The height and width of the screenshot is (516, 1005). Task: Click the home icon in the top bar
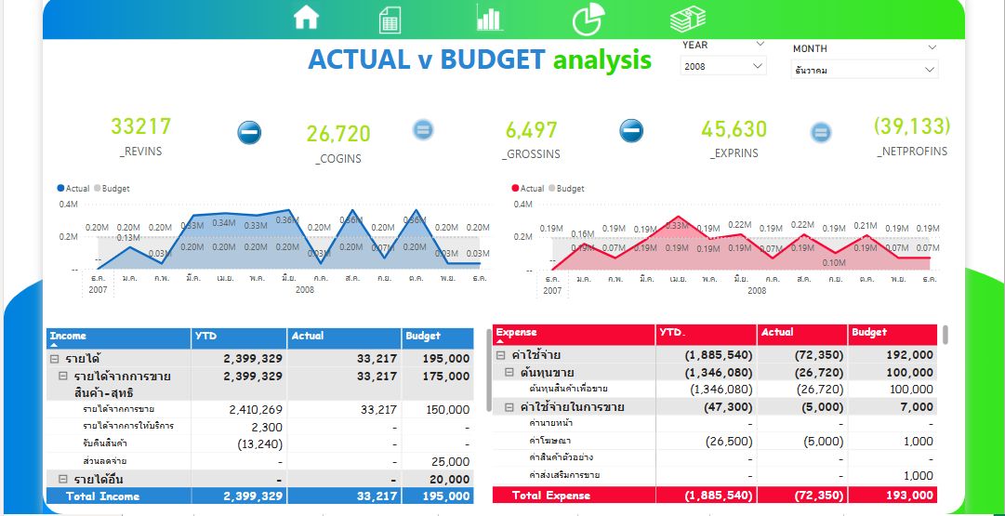[x=306, y=17]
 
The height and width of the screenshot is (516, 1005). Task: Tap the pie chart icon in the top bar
[x=587, y=17]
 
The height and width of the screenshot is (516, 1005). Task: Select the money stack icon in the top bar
[x=687, y=18]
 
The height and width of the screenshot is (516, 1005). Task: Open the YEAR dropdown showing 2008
[x=723, y=66]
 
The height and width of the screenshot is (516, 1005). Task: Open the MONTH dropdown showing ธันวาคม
[x=864, y=70]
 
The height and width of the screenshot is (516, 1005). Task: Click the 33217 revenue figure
[x=140, y=126]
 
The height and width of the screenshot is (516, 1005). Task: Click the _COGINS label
[x=338, y=158]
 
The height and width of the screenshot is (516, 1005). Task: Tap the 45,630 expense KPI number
[x=734, y=129]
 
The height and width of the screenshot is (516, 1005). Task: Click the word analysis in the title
[x=602, y=60]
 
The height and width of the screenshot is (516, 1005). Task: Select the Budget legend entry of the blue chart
[x=114, y=189]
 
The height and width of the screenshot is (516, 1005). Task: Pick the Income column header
[x=68, y=337]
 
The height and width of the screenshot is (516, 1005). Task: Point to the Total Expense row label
[x=550, y=496]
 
